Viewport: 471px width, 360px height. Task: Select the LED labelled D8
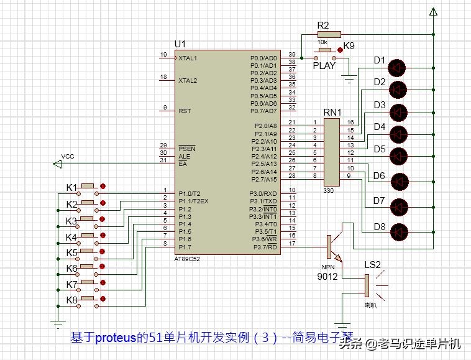pos(398,231)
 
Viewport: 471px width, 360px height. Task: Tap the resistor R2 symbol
pos(327,34)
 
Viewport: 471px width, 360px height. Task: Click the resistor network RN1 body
pos(332,151)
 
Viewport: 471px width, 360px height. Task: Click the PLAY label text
pos(324,65)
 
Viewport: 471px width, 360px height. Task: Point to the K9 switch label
pos(349,46)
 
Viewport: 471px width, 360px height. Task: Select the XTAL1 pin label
pos(188,58)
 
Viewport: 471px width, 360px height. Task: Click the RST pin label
pos(185,111)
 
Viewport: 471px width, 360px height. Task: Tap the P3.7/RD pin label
pos(264,246)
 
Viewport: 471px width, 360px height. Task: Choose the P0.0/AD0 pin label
pos(263,58)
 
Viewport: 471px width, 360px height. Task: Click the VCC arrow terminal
pos(58,164)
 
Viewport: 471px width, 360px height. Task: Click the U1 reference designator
pos(180,44)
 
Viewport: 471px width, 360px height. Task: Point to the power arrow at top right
pos(434,12)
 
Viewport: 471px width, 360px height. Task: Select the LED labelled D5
pos(398,155)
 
